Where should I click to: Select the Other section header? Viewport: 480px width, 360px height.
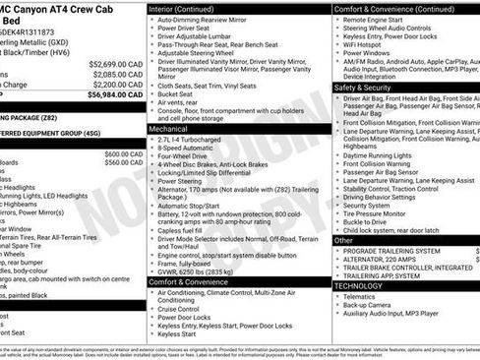click(343, 240)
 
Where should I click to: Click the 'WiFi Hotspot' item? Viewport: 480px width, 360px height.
click(368, 43)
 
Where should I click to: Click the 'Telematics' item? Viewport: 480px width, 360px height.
click(364, 296)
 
